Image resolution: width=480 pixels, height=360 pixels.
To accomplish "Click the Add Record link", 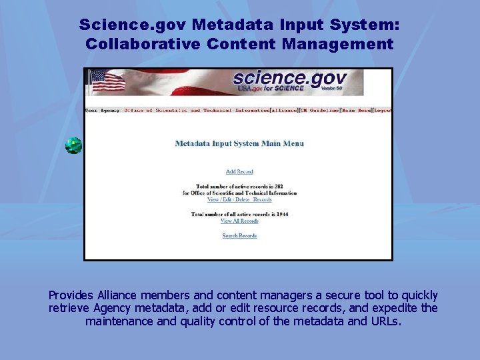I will (x=239, y=172).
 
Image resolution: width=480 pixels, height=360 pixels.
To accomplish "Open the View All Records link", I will (x=239, y=221).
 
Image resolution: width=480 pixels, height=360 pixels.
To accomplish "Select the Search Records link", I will (x=239, y=236).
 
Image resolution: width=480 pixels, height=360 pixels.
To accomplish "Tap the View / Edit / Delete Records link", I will (x=239, y=199).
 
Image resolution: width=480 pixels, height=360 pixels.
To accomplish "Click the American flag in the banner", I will (x=107, y=81).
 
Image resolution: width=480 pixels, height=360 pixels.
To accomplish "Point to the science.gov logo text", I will (x=288, y=79).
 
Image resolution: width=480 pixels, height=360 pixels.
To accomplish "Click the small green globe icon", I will (x=73, y=145).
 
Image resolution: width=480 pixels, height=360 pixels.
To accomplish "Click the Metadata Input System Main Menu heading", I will (x=239, y=143).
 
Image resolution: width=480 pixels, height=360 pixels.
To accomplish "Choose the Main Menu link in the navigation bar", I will (x=355, y=110).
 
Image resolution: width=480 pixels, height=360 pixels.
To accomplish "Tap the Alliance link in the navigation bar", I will (x=284, y=110).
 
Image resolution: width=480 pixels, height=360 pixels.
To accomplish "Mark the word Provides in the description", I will (x=72, y=295).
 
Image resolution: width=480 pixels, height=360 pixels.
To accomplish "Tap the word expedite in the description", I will (x=397, y=308).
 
